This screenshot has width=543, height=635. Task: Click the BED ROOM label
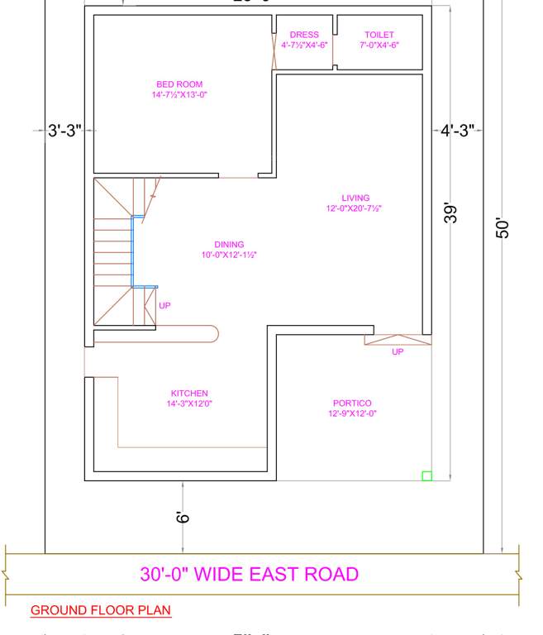pyautogui.click(x=179, y=84)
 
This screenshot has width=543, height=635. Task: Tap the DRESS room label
pyautogui.click(x=304, y=36)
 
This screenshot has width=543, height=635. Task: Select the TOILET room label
pyautogui.click(x=379, y=36)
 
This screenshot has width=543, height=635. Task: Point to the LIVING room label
pyautogui.click(x=355, y=198)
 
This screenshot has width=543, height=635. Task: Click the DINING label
pyautogui.click(x=229, y=245)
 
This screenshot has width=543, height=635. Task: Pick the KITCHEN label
pyautogui.click(x=189, y=394)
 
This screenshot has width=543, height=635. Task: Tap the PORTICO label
pyautogui.click(x=352, y=403)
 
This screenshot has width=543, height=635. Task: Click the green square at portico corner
pyautogui.click(x=426, y=475)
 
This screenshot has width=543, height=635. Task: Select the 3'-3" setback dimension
pyautogui.click(x=64, y=131)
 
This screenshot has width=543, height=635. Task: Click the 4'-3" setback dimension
pyautogui.click(x=457, y=131)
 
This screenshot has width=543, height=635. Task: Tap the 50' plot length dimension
pyautogui.click(x=503, y=229)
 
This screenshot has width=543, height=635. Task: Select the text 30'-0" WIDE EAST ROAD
pyautogui.click(x=249, y=574)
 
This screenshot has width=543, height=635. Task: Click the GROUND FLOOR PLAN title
pyautogui.click(x=101, y=611)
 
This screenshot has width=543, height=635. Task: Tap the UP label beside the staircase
pyautogui.click(x=164, y=306)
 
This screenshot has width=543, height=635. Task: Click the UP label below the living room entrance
pyautogui.click(x=398, y=352)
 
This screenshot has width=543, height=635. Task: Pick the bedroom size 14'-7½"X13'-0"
pyautogui.click(x=179, y=95)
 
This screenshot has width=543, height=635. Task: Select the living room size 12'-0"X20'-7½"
pyautogui.click(x=354, y=209)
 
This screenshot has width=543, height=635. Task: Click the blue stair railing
pyautogui.click(x=134, y=252)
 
